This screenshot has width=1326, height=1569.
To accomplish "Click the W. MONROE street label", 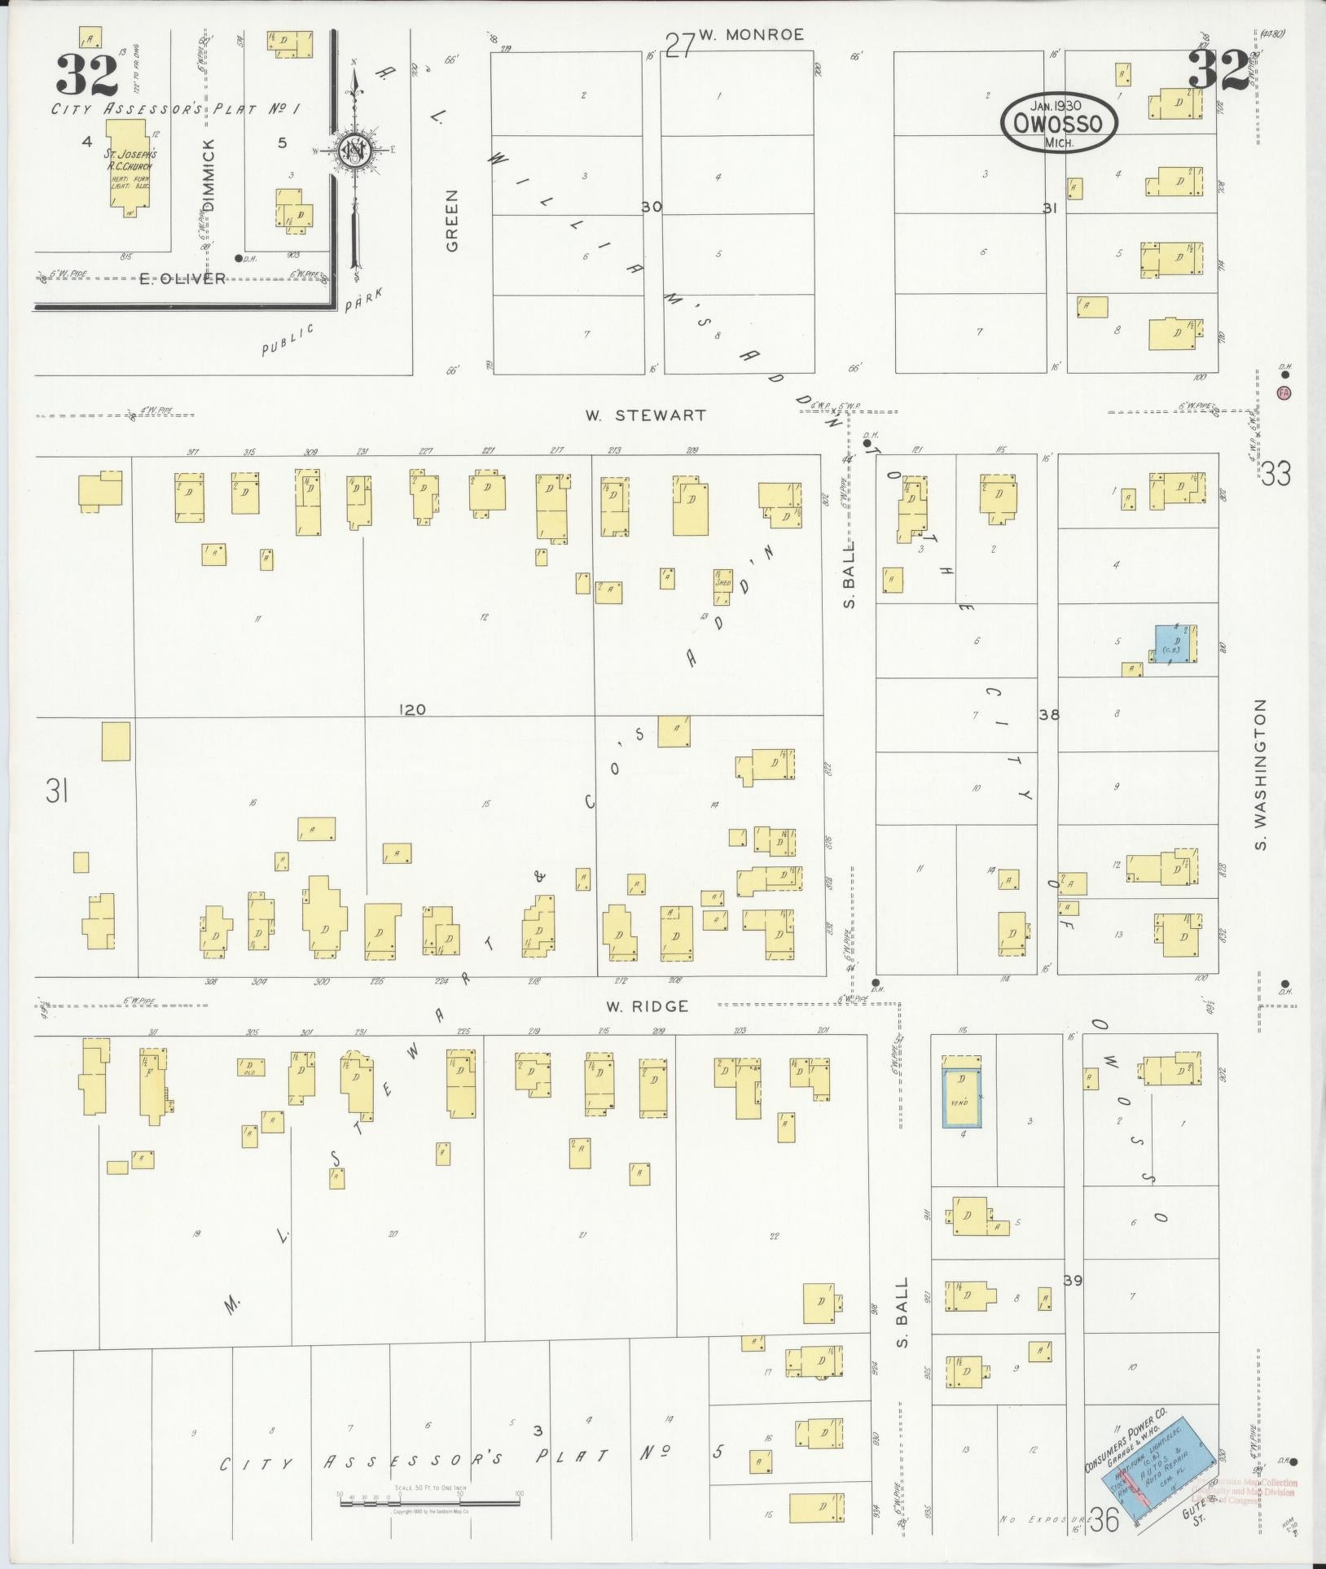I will tap(751, 34).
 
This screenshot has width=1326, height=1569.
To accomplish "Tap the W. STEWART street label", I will tap(645, 415).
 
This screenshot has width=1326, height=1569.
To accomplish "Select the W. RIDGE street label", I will tap(647, 1006).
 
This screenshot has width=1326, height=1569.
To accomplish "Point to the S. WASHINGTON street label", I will tap(1261, 774).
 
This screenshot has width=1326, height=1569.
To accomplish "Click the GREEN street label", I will tap(452, 220).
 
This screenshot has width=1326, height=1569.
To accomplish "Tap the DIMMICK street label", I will tap(209, 175).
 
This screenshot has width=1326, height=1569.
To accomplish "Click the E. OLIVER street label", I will tap(182, 278).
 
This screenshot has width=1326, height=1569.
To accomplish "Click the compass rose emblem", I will tap(355, 151).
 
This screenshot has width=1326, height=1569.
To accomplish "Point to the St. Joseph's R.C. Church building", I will tap(128, 168).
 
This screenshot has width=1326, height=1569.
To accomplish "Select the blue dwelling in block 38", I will tap(1173, 644).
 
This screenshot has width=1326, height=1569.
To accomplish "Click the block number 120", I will tap(412, 709).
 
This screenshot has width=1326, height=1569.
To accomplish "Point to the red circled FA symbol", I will tap(1284, 392).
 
